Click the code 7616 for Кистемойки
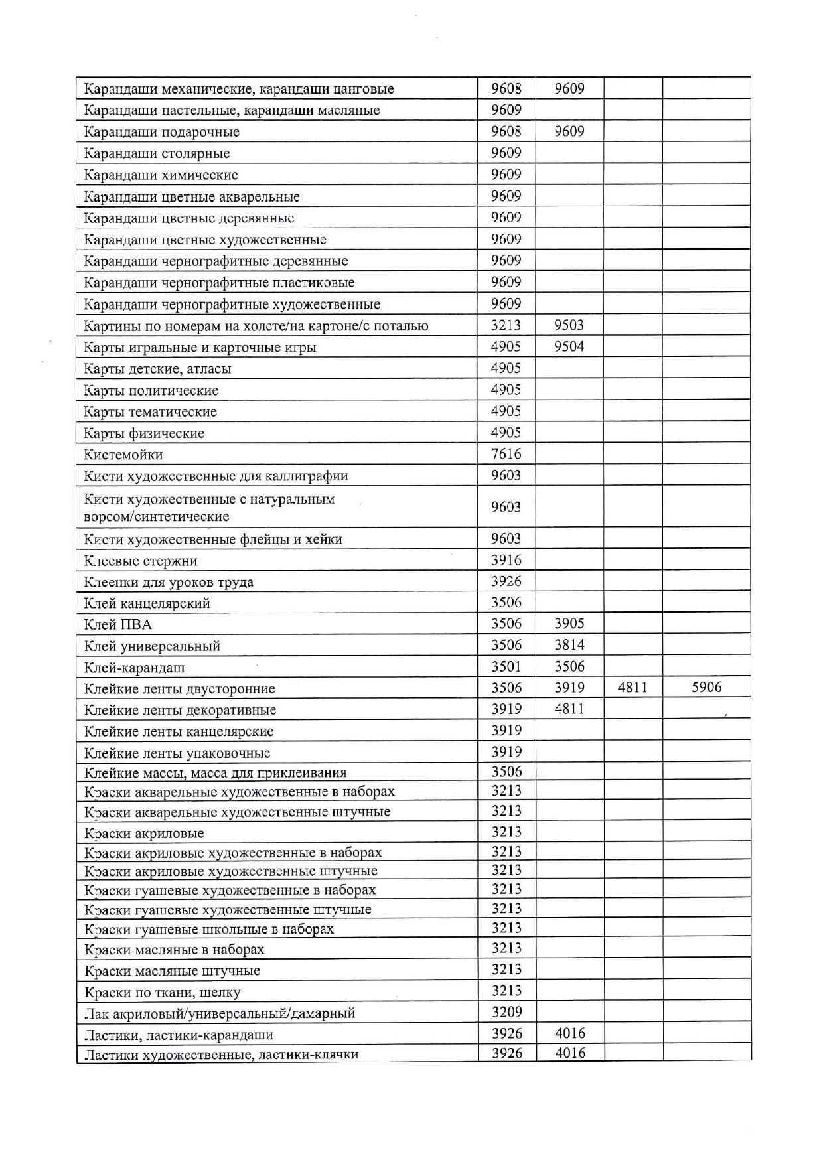tap(506, 455)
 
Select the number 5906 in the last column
tap(706, 688)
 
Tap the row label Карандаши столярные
tap(157, 153)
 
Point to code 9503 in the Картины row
tap(569, 325)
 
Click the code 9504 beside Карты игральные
tap(569, 346)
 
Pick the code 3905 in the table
tap(569, 624)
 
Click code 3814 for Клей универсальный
tap(569, 645)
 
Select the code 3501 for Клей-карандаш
tap(506, 667)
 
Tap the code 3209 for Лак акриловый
tap(506, 1012)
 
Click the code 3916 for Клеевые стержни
tap(506, 560)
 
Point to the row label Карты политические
tap(151, 390)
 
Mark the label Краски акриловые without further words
tap(144, 834)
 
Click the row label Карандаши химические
tap(161, 175)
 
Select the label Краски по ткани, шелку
tap(162, 993)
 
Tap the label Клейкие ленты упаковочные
tap(177, 753)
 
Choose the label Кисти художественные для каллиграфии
tap(216, 476)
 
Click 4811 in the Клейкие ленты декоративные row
tap(569, 709)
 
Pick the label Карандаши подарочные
tap(161, 132)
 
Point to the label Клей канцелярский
tap(147, 603)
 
